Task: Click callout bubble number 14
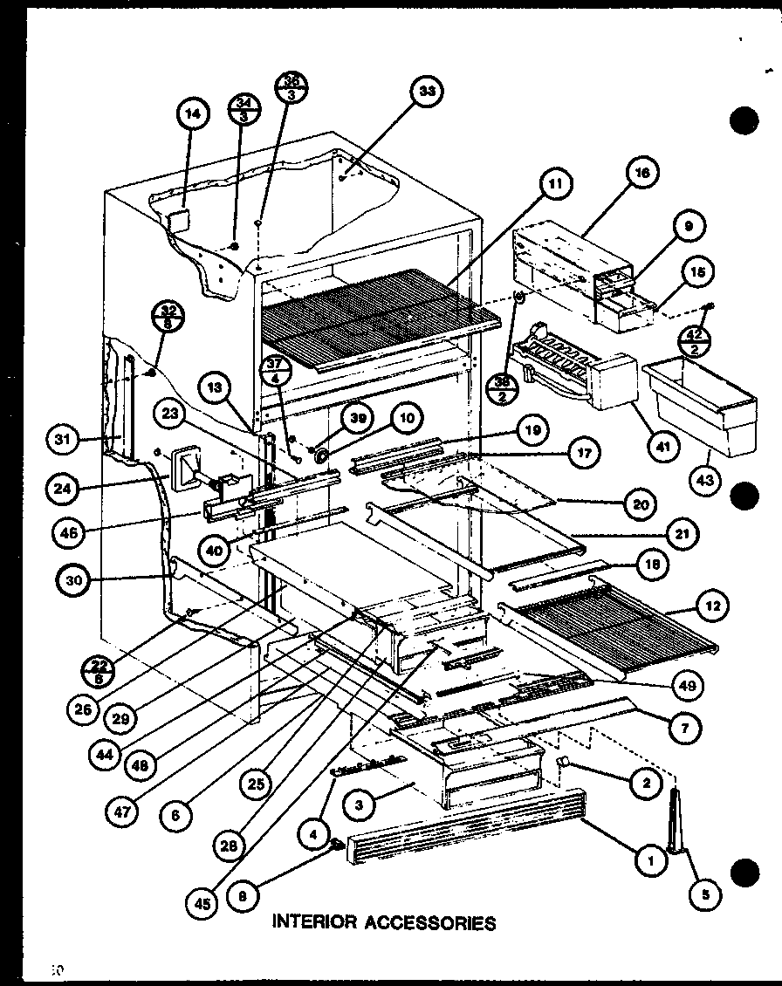(x=193, y=112)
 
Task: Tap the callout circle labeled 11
(x=555, y=183)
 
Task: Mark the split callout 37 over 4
(x=276, y=373)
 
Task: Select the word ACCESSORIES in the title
(x=436, y=921)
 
